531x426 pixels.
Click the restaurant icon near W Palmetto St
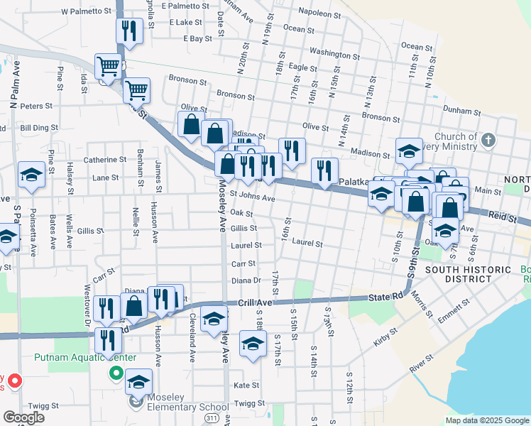click(x=129, y=31)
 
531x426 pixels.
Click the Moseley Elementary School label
click(x=179, y=407)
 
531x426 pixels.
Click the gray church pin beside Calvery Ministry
click(x=487, y=140)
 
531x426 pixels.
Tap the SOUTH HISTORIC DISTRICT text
click(x=468, y=274)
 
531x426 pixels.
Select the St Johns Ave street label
click(x=253, y=198)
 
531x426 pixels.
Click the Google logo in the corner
click(x=25, y=417)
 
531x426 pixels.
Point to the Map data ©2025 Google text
click(x=486, y=420)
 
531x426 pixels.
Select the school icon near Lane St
click(x=31, y=174)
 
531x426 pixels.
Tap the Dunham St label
click(x=462, y=111)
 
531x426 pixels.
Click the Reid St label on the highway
click(x=502, y=218)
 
